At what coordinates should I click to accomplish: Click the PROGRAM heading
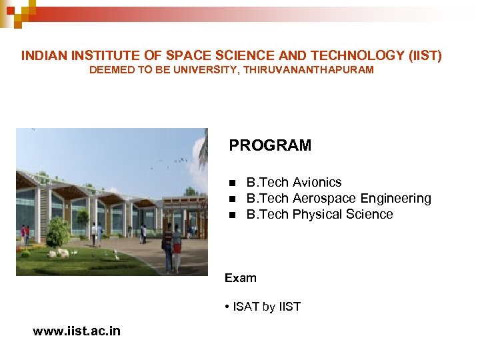[270, 145]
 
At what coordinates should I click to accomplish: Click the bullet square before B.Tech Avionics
[232, 183]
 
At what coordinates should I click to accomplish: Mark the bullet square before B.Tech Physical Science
[232, 215]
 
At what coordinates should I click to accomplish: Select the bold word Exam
[241, 278]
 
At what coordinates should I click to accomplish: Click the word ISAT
[246, 307]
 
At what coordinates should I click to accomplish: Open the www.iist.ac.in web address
[77, 331]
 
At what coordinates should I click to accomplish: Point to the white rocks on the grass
[61, 253]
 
